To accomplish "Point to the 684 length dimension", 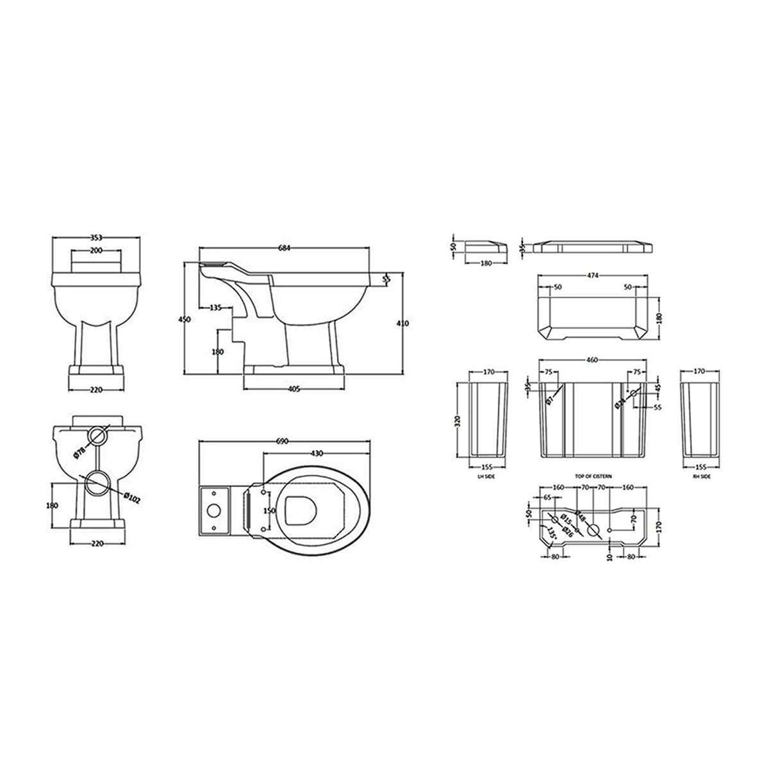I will (284, 249).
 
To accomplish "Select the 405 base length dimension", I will (294, 388).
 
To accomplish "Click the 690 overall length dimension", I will (282, 442).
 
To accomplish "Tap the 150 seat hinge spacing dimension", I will (270, 511).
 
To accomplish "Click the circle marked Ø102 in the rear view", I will (97, 482).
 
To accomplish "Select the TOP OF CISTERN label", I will (593, 476).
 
